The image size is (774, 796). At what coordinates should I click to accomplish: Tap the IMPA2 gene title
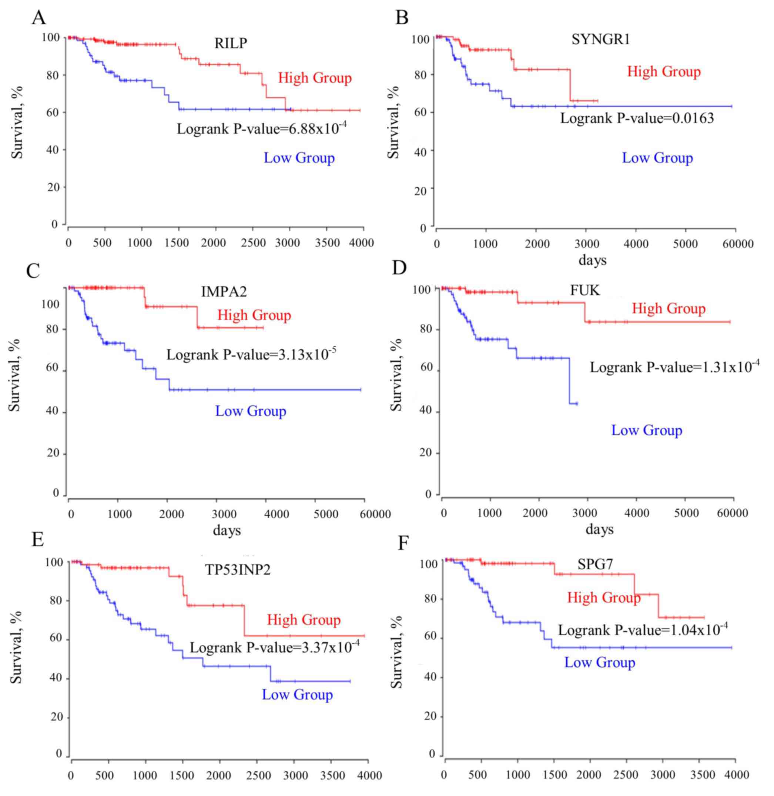pos(224,292)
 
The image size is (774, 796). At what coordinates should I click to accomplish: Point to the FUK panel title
pos(584,290)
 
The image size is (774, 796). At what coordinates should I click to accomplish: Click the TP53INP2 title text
pos(237,570)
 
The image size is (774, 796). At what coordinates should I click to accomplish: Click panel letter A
pos(38,18)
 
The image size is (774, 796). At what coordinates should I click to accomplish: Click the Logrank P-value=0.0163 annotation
pos(637,118)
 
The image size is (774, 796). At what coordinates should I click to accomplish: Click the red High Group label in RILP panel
pos(315,78)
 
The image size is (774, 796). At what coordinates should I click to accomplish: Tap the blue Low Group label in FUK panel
pos(647,430)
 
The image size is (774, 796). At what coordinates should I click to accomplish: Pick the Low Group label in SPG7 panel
pos(600,662)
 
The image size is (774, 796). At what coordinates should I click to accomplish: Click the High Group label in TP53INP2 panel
pos(304,620)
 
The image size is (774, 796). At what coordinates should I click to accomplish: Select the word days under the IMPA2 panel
pos(227,530)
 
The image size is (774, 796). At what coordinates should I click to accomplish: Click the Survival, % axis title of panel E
pos(16,645)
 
